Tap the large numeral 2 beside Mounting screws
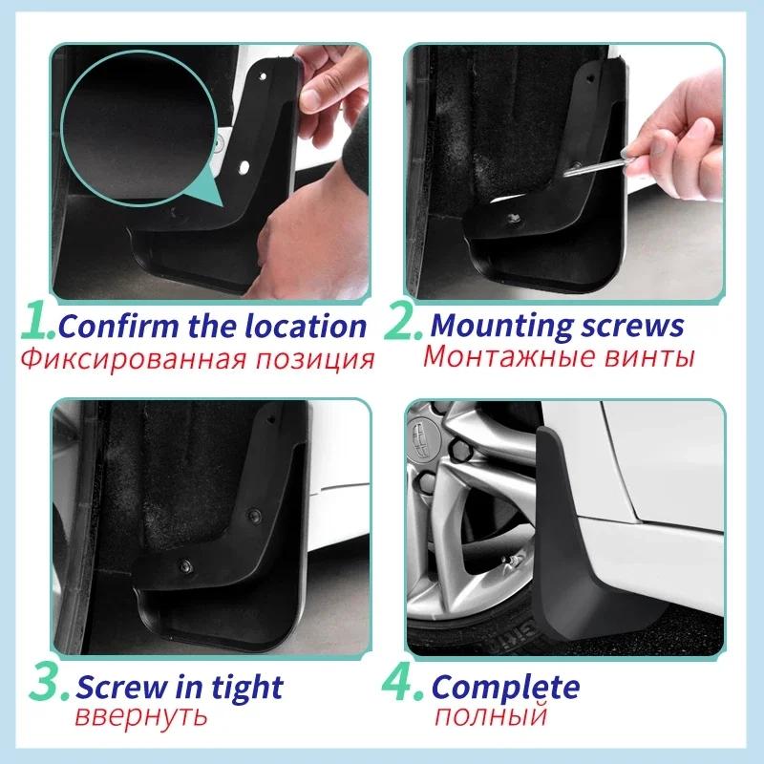(402, 325)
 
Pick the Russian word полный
(489, 716)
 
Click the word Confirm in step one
(106, 326)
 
